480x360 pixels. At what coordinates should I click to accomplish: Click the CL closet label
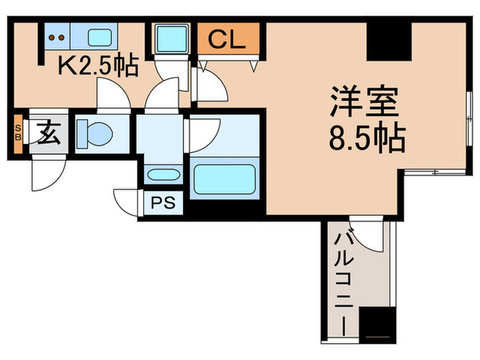(226, 40)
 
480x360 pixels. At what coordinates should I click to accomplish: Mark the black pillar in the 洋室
(389, 41)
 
